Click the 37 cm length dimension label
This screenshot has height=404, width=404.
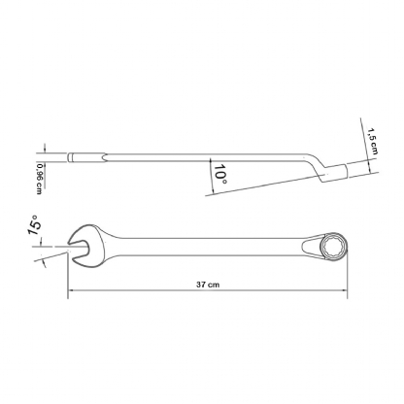pyautogui.click(x=208, y=285)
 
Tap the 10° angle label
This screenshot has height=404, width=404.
pyautogui.click(x=220, y=173)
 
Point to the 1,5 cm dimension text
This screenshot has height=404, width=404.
pyautogui.click(x=372, y=141)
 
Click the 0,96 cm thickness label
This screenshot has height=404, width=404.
pyautogui.click(x=40, y=179)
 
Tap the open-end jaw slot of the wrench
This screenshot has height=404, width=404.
pyautogui.click(x=79, y=250)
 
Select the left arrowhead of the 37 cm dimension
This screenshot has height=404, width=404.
pyautogui.click(x=70, y=290)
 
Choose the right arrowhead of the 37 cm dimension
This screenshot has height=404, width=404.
pyautogui.click(x=345, y=290)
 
